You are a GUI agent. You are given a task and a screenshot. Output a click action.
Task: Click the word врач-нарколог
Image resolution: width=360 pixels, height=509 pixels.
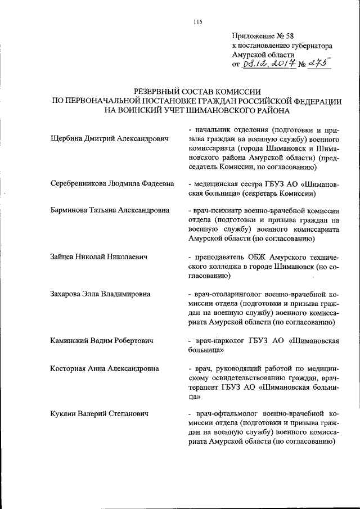pyautogui.click(x=219, y=341)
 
